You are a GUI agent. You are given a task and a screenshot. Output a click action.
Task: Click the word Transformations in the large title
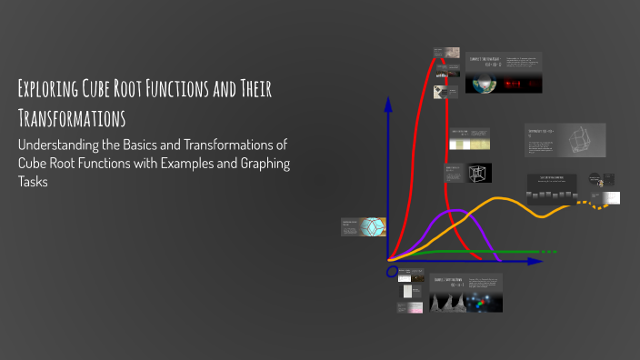(x=71, y=118)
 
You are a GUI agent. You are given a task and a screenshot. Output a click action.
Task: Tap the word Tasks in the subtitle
(x=35, y=181)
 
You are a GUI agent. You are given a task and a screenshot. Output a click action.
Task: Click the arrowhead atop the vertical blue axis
(x=388, y=103)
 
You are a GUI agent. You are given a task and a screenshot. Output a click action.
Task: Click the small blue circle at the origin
(x=392, y=271)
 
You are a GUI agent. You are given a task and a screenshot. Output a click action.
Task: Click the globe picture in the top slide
(x=482, y=83)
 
